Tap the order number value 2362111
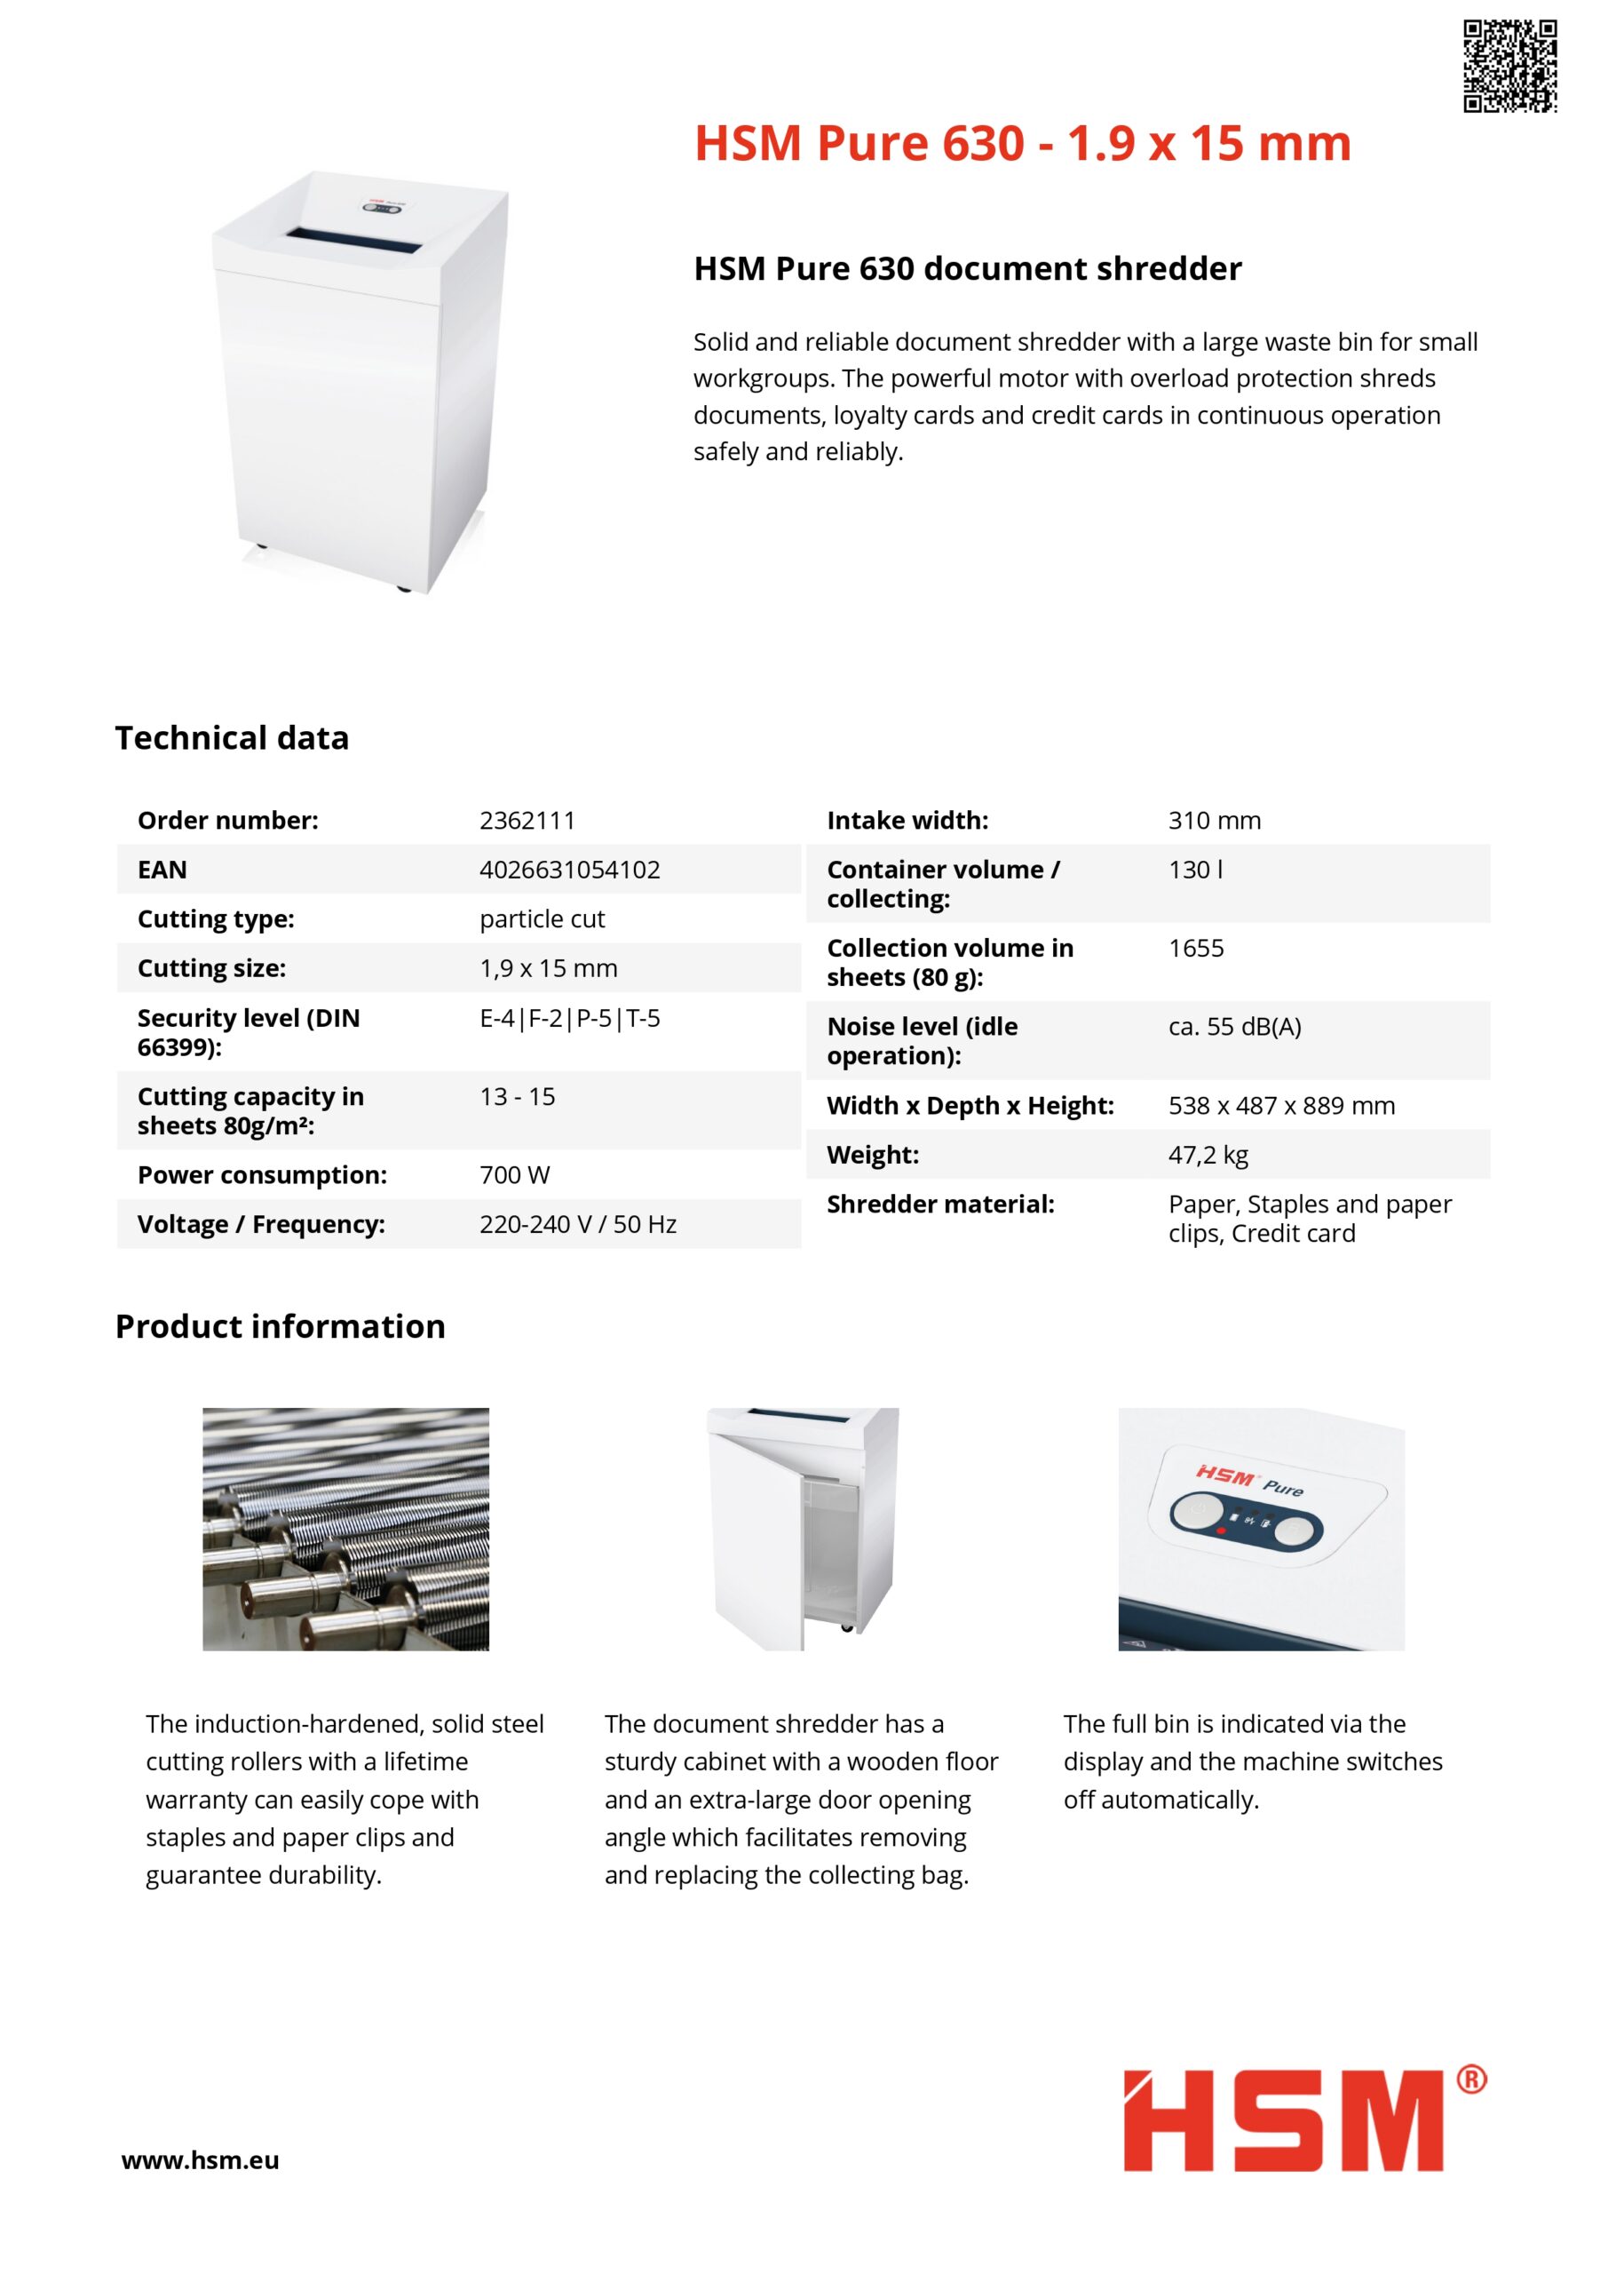527,820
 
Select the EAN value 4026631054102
569,870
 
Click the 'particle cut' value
542,919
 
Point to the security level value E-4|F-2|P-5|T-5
569,1018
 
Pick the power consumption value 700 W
514,1174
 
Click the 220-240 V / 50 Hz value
577,1224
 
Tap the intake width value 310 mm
1214,820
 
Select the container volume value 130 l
1195,870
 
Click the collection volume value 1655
1195,948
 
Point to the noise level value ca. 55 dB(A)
1233,1026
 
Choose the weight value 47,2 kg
1207,1155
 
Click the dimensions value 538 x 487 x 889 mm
1280,1105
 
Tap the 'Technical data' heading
232,738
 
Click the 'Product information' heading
281,1326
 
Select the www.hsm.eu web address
200,2160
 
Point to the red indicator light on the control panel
1221,1531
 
